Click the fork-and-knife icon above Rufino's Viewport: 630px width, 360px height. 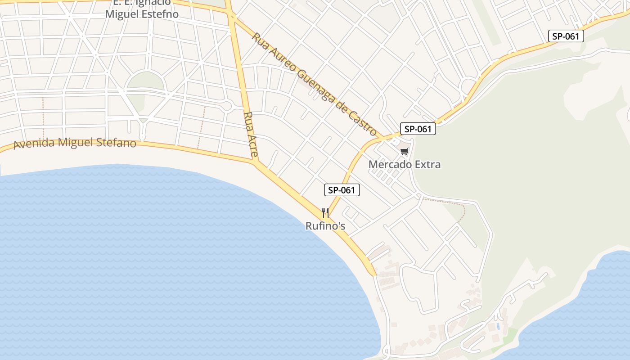point(325,212)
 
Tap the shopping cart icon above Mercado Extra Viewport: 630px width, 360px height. point(405,151)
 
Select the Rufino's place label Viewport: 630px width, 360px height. point(325,226)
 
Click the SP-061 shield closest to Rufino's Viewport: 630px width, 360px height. point(342,190)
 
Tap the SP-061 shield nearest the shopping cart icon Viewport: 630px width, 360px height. point(418,129)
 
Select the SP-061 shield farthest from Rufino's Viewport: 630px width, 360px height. point(566,36)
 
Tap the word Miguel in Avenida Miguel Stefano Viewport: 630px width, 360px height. point(75,143)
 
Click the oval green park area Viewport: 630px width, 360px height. point(145,81)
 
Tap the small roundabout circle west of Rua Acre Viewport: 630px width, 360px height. point(227,106)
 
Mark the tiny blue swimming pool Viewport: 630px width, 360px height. point(498,325)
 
